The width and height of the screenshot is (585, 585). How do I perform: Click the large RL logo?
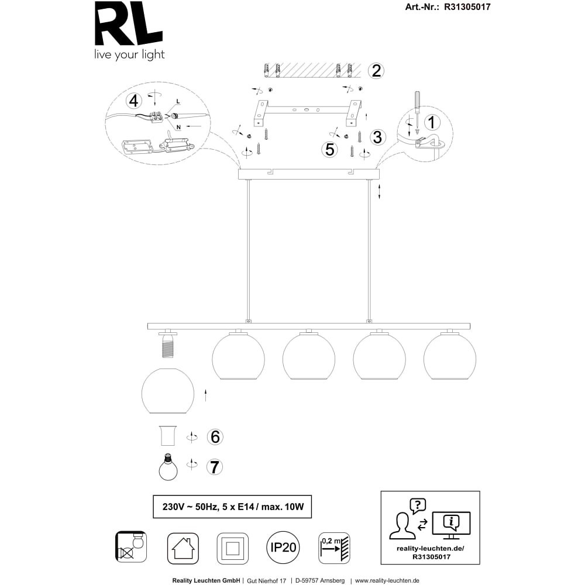click(129, 23)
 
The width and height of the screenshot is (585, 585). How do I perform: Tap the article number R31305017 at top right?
click(467, 6)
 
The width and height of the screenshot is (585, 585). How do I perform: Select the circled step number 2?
click(376, 71)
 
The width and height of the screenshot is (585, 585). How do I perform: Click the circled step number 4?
click(133, 101)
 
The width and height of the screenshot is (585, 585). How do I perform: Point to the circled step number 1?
click(432, 122)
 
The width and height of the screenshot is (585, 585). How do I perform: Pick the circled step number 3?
click(377, 137)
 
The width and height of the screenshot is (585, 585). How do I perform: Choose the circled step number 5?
click(330, 149)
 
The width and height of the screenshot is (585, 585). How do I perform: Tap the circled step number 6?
click(215, 437)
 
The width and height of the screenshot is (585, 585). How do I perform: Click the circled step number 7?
click(215, 467)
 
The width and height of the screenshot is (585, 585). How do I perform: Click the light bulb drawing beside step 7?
click(168, 467)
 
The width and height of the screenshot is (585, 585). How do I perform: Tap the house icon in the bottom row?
click(183, 548)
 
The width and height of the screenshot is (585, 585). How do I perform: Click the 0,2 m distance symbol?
click(334, 548)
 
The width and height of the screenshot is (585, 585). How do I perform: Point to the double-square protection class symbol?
click(233, 548)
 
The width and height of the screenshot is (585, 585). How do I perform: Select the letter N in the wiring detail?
click(178, 127)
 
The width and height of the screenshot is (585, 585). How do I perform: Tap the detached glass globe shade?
click(168, 391)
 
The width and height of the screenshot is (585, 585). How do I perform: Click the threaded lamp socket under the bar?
click(168, 344)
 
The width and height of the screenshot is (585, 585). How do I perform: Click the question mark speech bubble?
click(418, 506)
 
